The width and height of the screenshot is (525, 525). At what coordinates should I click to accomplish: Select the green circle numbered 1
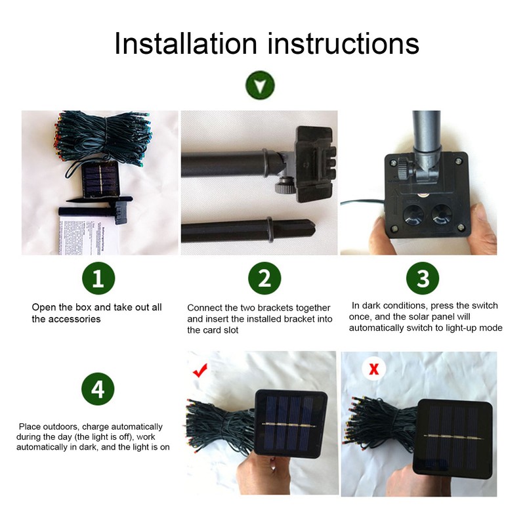98,278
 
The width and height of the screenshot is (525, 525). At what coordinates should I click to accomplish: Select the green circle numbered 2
264,278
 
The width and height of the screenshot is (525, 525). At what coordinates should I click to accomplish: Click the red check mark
199,371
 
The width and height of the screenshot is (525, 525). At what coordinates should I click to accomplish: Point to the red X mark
373,369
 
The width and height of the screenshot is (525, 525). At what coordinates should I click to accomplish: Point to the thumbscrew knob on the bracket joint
283,186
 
